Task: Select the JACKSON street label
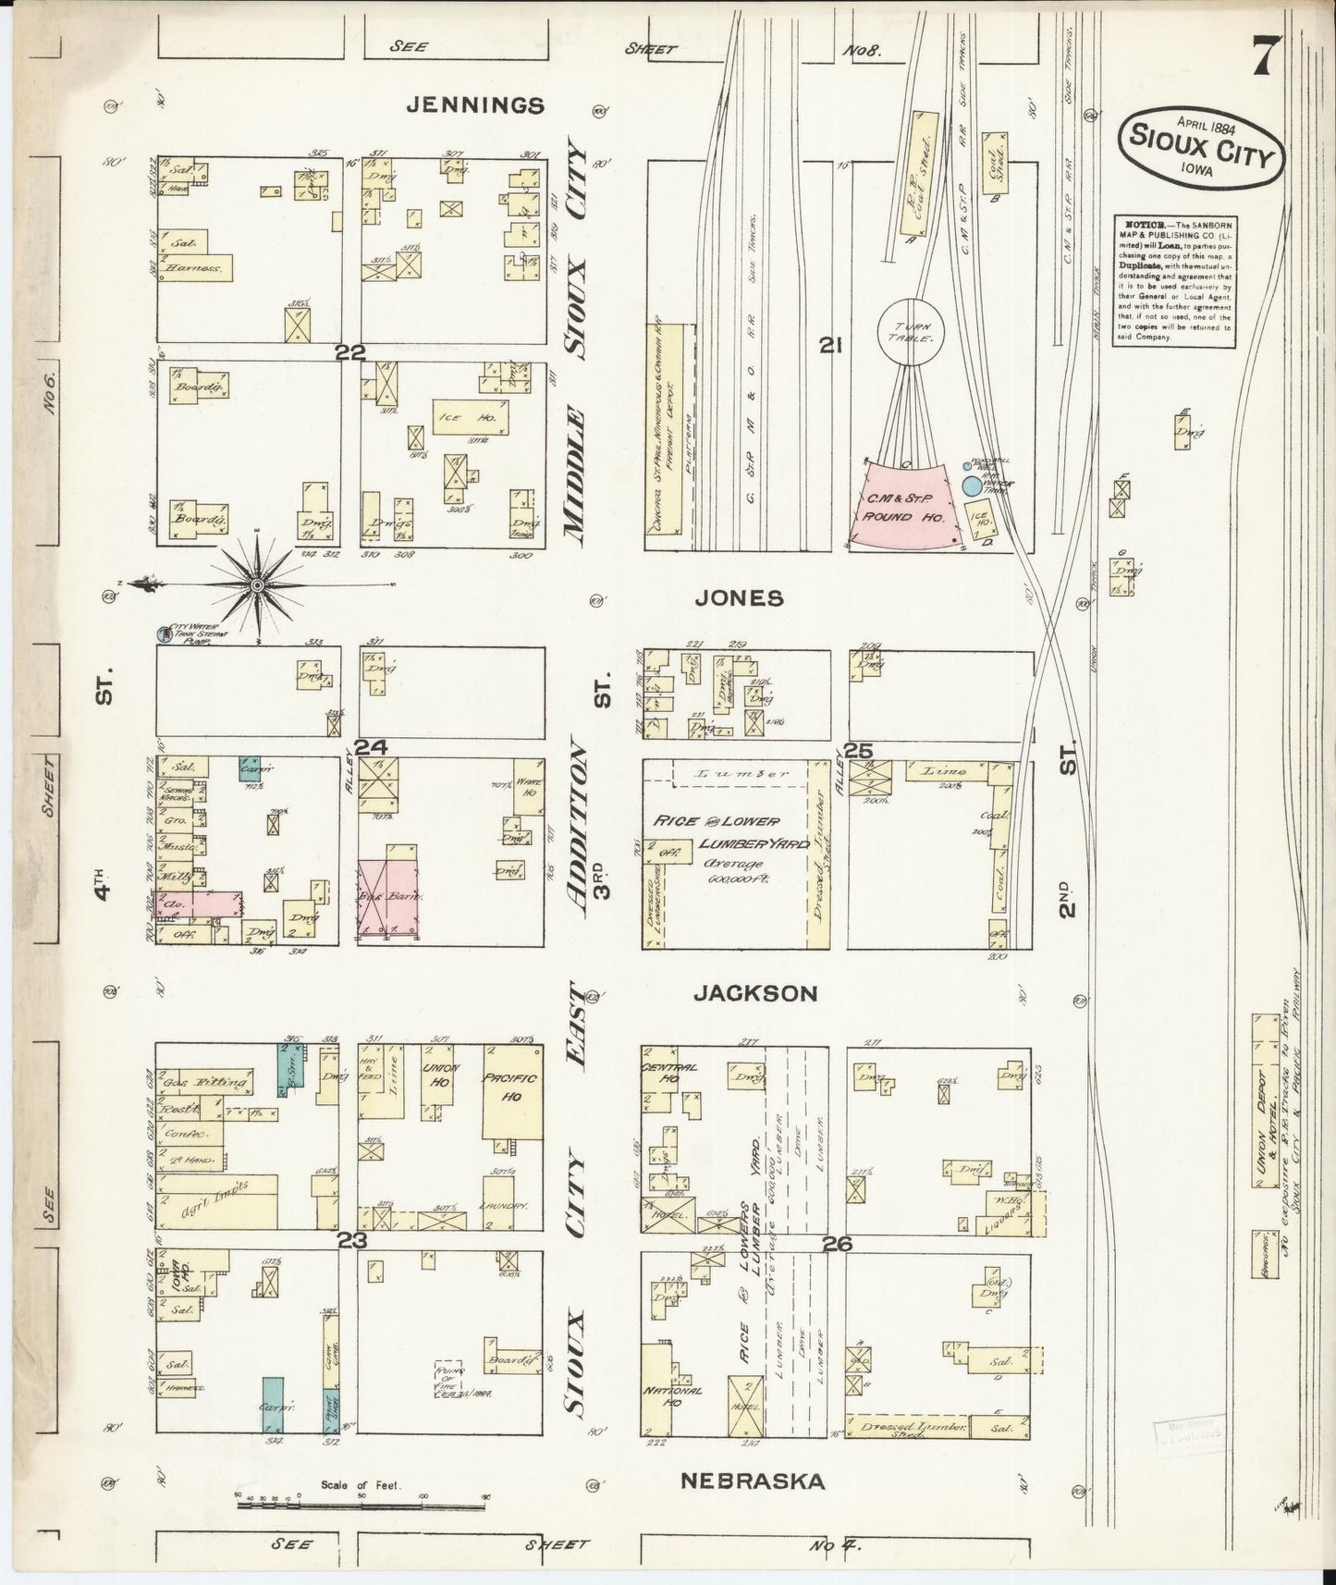[x=755, y=993]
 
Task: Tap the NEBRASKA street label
[x=753, y=1481]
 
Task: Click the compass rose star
[x=257, y=584]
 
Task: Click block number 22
[x=351, y=351]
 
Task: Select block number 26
[x=837, y=1245]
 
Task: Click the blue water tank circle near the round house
[x=971, y=485]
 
